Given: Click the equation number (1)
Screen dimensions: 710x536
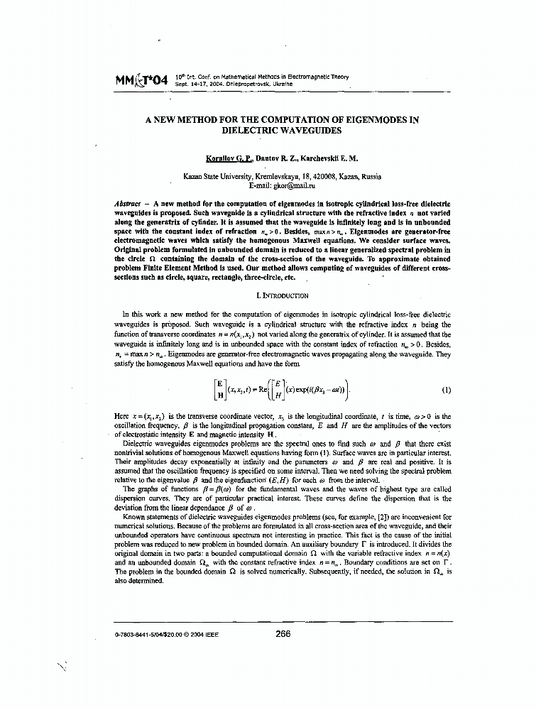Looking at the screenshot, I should (446, 390).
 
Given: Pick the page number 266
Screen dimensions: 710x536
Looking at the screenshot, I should (283, 634).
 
